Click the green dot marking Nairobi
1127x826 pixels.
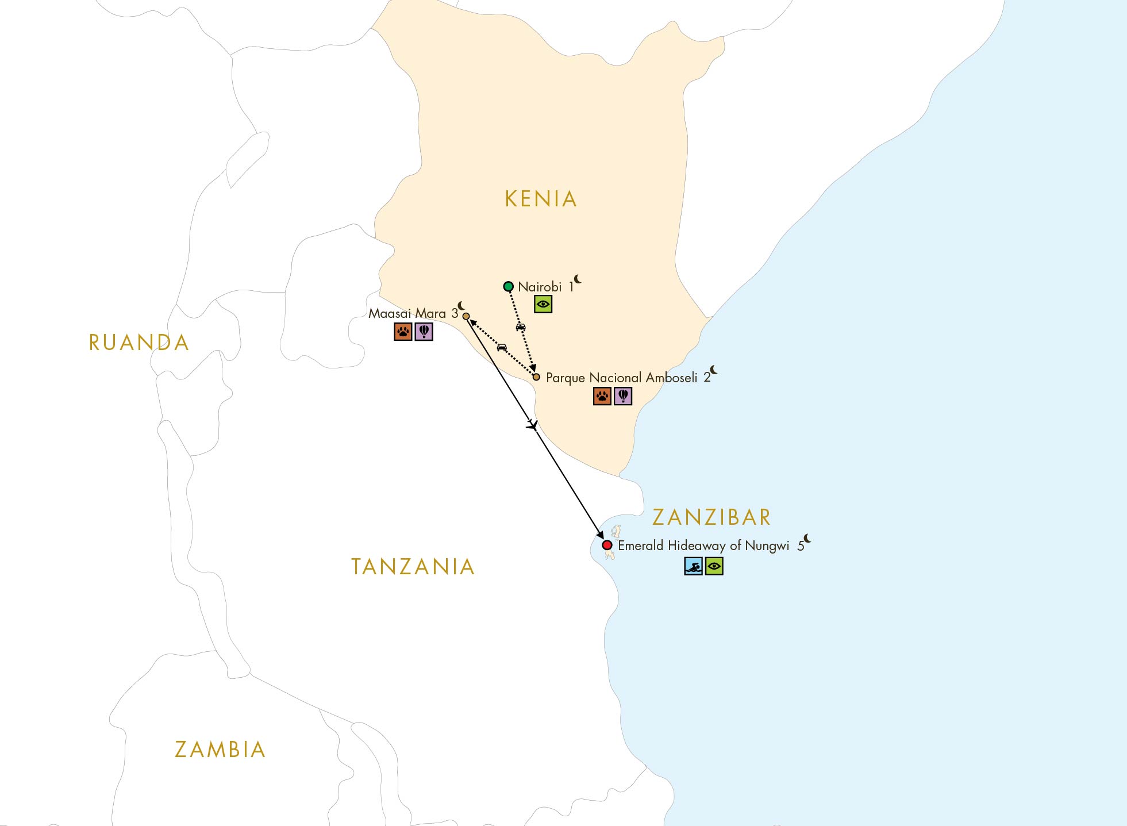pos(508,286)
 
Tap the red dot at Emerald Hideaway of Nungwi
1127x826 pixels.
pos(607,545)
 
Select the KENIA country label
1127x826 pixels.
pos(541,199)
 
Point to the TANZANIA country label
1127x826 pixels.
pos(413,567)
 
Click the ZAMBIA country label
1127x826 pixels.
pos(220,750)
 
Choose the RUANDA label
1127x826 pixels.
pos(139,343)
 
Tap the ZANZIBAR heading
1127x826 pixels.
pos(711,517)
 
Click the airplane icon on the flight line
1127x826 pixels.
pos(533,426)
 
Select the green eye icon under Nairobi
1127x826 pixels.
pos(543,304)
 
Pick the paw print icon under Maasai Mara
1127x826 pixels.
pos(403,332)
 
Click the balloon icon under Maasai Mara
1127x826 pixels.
pos(424,332)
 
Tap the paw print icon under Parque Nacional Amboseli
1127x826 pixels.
pos(602,396)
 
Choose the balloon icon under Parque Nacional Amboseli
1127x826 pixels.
pos(623,396)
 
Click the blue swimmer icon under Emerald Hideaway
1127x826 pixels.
pos(693,566)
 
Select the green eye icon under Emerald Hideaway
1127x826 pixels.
pos(714,566)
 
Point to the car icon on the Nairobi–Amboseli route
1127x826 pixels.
pos(521,327)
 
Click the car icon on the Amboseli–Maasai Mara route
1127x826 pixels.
pos(502,347)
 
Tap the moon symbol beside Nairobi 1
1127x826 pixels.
pos(578,279)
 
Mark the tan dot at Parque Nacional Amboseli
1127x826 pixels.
pos(536,377)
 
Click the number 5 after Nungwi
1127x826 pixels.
pos(801,546)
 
